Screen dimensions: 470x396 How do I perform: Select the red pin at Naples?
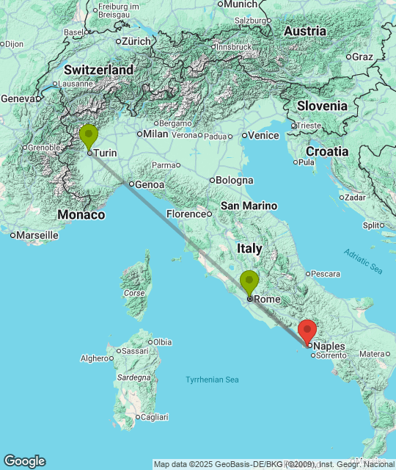tap(307, 330)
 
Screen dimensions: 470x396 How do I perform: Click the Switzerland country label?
tap(98, 70)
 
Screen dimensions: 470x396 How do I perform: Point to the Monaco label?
tap(81, 215)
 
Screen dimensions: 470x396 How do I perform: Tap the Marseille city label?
tap(37, 235)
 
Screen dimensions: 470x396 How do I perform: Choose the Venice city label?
tap(263, 135)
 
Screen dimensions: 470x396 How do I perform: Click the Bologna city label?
tap(235, 180)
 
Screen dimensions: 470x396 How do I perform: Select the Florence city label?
tap(184, 214)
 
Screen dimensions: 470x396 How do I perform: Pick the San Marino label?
tap(249, 206)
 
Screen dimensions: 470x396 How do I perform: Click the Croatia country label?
tap(327, 151)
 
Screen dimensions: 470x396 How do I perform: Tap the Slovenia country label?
tap(322, 106)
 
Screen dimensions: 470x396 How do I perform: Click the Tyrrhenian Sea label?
tap(212, 380)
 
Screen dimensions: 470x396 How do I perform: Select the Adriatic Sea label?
tap(363, 261)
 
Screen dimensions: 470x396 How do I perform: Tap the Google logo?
tap(24, 461)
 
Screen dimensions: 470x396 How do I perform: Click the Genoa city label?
tap(150, 185)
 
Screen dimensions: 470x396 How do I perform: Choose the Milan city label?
tap(155, 134)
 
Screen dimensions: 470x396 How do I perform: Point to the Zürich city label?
tap(136, 41)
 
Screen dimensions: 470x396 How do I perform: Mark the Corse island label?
tap(134, 293)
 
